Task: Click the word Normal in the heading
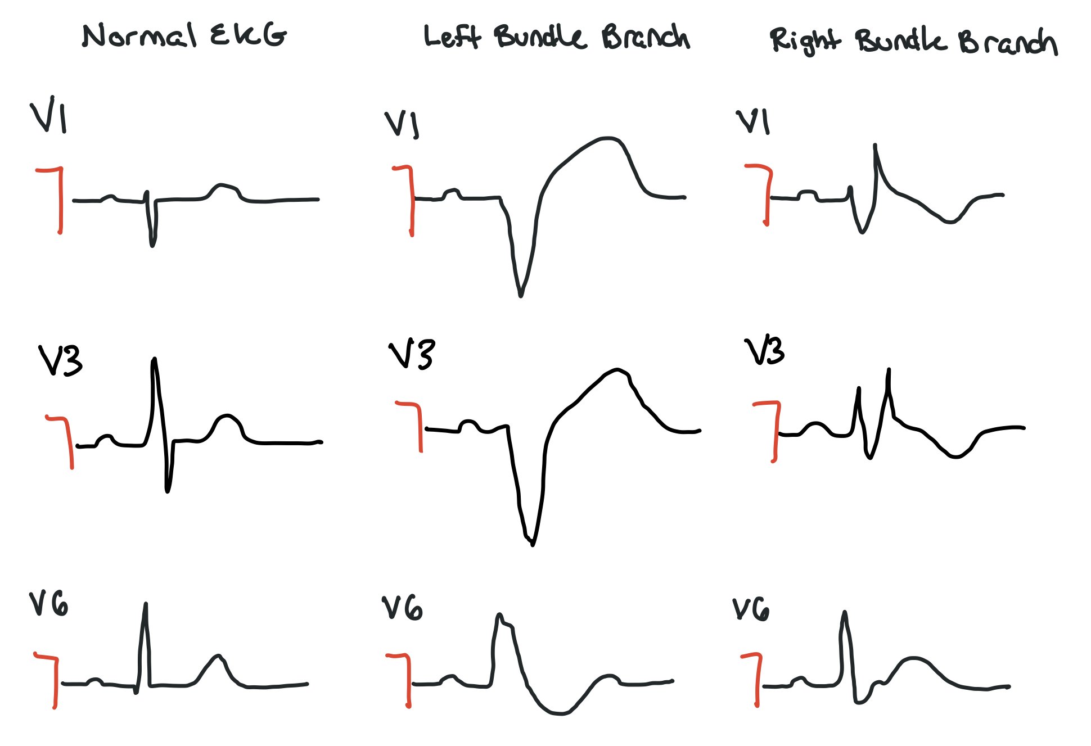coord(139,35)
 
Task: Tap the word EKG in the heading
coord(248,35)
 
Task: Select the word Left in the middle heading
coord(452,37)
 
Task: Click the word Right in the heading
coord(805,41)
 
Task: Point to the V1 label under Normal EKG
coord(48,116)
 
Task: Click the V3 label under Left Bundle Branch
coord(412,354)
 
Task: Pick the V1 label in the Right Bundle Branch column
coord(752,122)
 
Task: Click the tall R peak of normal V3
coord(155,359)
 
